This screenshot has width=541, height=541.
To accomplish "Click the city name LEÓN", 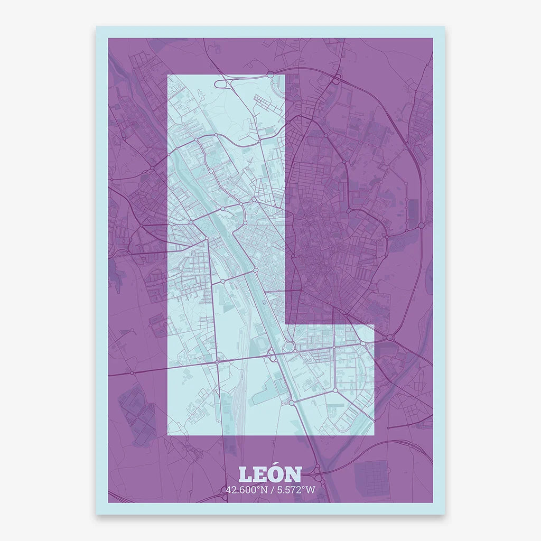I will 270,474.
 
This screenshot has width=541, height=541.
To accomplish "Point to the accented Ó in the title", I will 276,474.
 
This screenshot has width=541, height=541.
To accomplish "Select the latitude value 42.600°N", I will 245,490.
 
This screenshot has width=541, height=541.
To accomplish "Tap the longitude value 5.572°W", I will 294,490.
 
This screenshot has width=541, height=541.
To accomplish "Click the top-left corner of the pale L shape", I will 168,75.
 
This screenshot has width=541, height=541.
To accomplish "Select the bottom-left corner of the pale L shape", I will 168,435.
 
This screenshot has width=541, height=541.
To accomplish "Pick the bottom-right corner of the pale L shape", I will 374,435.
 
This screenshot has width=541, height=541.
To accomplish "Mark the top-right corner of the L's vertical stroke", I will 285,75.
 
